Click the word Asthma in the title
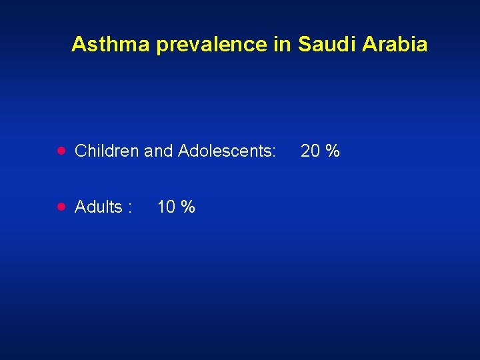[111, 45]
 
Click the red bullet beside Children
[61, 151]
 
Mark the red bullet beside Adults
[61, 207]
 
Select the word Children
[107, 151]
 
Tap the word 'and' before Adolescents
[158, 151]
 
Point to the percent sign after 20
[333, 151]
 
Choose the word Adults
[98, 207]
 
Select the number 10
[166, 207]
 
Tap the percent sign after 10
[189, 207]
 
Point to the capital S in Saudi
[305, 45]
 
